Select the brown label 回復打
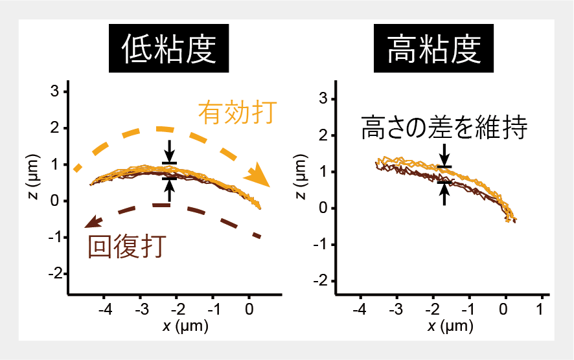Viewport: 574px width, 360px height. pos(128,246)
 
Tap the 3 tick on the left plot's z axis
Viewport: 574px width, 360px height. pos(56,92)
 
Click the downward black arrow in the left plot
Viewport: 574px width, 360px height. pos(169,151)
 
